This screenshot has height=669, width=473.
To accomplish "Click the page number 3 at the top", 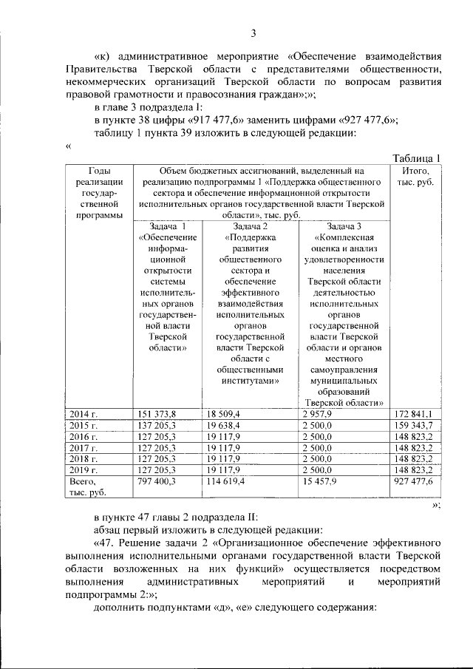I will pyautogui.click(x=253, y=33).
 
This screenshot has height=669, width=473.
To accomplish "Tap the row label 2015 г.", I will pyautogui.click(x=84, y=426).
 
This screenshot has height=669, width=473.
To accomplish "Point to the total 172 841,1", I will pyautogui.click(x=414, y=414).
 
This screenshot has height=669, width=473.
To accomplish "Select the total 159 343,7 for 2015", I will pyautogui.click(x=414, y=426).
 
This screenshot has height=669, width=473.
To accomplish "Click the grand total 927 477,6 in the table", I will pyautogui.click(x=414, y=480).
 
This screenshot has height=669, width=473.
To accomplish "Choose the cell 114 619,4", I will pyautogui.click(x=230, y=480).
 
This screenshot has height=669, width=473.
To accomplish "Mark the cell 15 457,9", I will pyautogui.click(x=320, y=480).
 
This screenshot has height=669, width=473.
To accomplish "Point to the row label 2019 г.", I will pyautogui.click(x=84, y=469).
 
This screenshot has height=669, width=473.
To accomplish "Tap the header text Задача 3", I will pyautogui.click(x=344, y=225).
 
